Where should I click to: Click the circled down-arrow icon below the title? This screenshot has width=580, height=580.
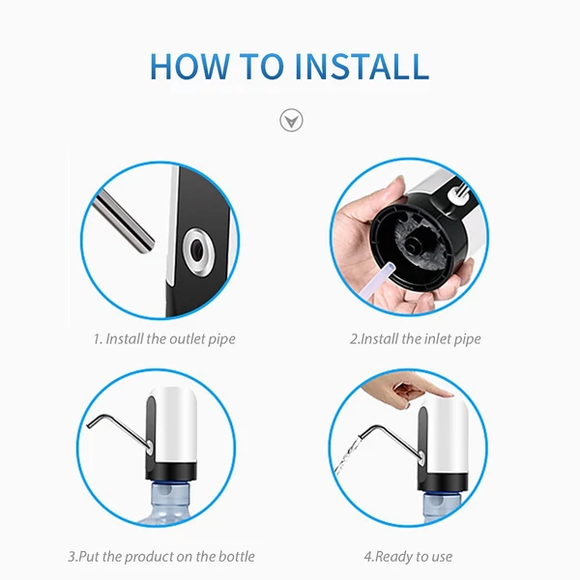(291, 120)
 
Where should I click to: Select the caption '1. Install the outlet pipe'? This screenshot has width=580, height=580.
(164, 339)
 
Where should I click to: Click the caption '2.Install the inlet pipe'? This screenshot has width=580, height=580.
(416, 339)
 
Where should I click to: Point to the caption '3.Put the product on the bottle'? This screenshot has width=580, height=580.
(161, 557)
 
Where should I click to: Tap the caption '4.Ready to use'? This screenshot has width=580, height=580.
(408, 557)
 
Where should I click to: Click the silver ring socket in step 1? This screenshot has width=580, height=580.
(197, 251)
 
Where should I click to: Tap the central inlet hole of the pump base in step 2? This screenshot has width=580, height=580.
(413, 245)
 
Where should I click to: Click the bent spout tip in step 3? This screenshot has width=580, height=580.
(89, 425)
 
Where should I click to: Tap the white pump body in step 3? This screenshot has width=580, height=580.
(175, 425)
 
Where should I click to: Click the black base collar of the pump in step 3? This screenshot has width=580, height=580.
(171, 471)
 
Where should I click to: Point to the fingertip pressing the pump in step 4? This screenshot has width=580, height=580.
(446, 392)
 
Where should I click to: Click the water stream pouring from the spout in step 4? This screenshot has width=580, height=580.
(347, 455)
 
